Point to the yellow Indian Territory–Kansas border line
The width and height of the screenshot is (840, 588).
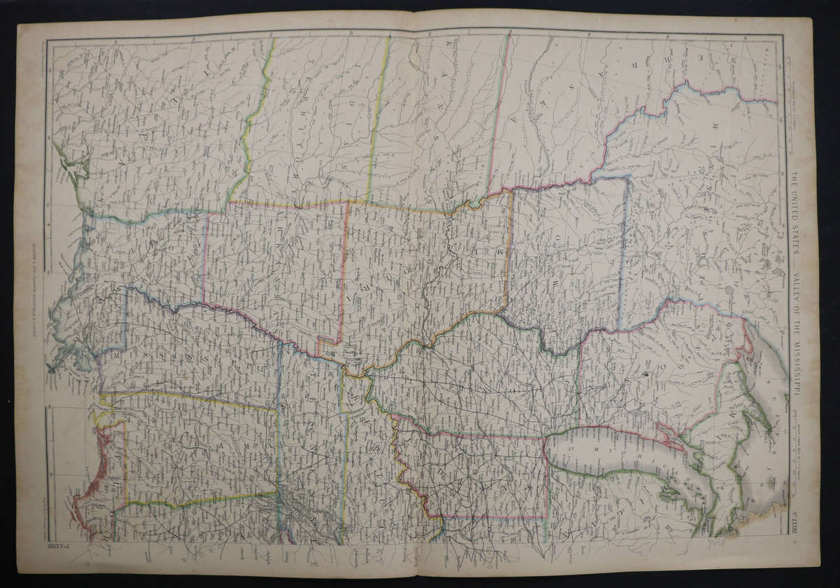pyautogui.click(x=378, y=119)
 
